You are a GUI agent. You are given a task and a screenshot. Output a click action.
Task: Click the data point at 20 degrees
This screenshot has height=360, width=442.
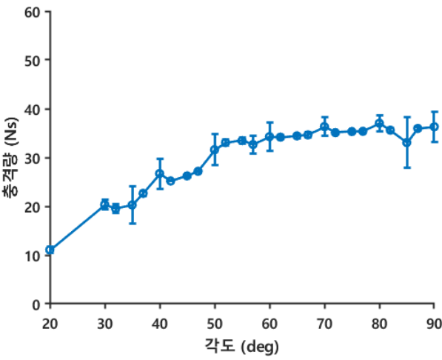pyautogui.click(x=50, y=250)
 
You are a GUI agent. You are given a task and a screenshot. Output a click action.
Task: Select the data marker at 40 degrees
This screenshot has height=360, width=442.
pyautogui.click(x=160, y=173)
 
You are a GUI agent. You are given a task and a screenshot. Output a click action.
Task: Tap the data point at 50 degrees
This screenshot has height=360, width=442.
pyautogui.click(x=215, y=150)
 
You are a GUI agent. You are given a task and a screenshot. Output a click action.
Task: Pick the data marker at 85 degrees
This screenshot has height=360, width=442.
pyautogui.click(x=406, y=143)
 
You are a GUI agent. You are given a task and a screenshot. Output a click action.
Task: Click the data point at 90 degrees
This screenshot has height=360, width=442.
pyautogui.click(x=435, y=127)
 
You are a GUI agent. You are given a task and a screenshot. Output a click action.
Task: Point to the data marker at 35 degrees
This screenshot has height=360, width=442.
pyautogui.click(x=133, y=205)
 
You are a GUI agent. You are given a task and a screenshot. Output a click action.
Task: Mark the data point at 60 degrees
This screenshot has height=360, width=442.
pyautogui.click(x=269, y=137)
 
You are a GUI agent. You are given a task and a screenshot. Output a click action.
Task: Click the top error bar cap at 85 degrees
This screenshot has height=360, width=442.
pyautogui.click(x=406, y=116)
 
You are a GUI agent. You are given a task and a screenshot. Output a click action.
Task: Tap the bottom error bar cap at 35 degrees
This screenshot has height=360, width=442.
pyautogui.click(x=133, y=224)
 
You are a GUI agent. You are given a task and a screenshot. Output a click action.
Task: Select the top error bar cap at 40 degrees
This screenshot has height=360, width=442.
pyautogui.click(x=160, y=159)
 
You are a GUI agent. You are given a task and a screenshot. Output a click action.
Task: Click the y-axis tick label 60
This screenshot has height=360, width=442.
pyautogui.click(x=33, y=13)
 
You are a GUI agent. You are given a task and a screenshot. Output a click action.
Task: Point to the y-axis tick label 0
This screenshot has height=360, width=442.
pyautogui.click(x=36, y=305)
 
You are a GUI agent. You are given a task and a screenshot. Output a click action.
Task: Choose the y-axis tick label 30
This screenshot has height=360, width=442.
pyautogui.click(x=33, y=159)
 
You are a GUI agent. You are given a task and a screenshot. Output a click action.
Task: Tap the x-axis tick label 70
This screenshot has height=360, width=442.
pyautogui.click(x=324, y=324)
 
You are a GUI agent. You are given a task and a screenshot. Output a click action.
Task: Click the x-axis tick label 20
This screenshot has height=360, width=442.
pyautogui.click(x=50, y=324)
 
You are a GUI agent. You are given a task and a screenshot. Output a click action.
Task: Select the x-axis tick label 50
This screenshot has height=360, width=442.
pyautogui.click(x=215, y=324)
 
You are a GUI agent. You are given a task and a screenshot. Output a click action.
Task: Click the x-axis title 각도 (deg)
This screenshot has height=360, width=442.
pyautogui.click(x=241, y=346)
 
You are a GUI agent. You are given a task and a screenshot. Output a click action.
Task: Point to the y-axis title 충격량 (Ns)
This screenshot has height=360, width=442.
pyautogui.click(x=10, y=157)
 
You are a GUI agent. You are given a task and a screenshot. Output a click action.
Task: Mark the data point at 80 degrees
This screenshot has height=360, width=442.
pyautogui.click(x=379, y=123)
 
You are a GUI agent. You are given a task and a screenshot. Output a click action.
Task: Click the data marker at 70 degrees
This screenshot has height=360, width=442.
pyautogui.click(x=324, y=127)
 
